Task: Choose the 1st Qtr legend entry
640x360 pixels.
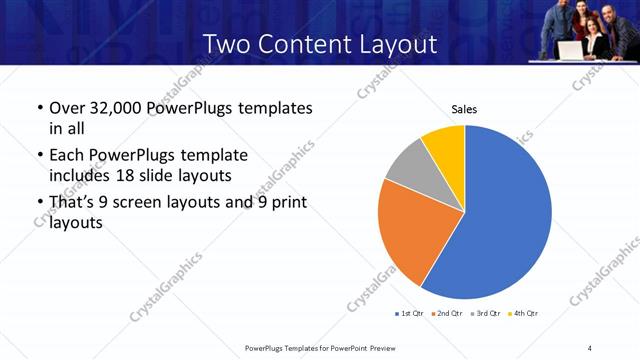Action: pyautogui.click(x=409, y=314)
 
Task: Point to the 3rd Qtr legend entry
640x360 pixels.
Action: pyautogui.click(x=484, y=314)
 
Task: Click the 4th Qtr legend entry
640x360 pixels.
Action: pyautogui.click(x=522, y=314)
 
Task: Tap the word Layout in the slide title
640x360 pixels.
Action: pyautogui.click(x=399, y=44)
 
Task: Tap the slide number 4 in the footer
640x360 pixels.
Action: pyautogui.click(x=590, y=347)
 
